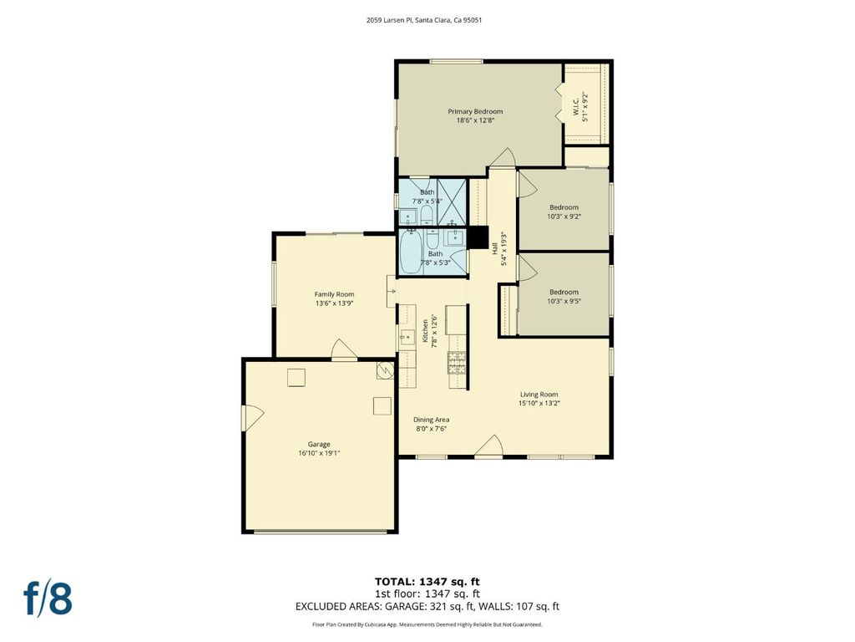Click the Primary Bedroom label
(475, 111)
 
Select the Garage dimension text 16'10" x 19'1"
(319, 453)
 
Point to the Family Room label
(334, 294)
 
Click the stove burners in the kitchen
(457, 363)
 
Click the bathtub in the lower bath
(410, 252)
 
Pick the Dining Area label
(432, 420)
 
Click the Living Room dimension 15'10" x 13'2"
(539, 404)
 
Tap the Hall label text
(494, 248)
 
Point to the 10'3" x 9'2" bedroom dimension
(564, 217)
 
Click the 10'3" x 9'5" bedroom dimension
(564, 301)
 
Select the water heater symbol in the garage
(384, 370)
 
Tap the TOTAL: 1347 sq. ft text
(427, 582)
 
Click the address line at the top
(423, 20)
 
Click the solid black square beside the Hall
(478, 237)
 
